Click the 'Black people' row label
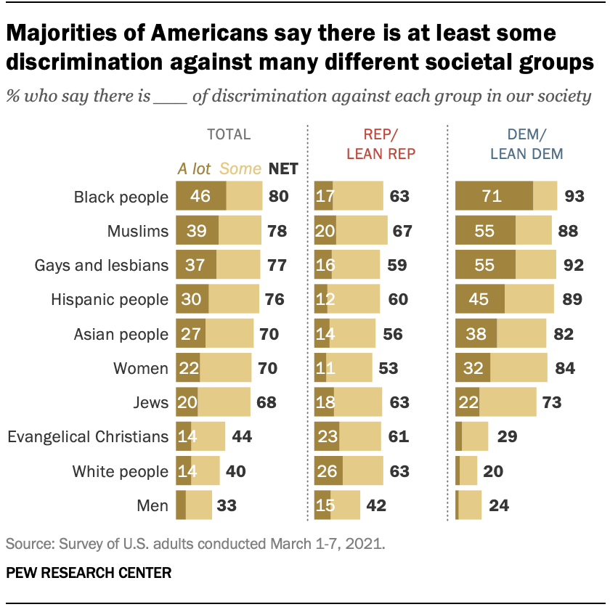121,197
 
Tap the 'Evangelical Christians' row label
87,436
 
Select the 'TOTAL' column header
229,134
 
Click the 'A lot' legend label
194,169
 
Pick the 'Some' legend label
240,169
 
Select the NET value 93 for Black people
574,197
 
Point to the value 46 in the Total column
193,197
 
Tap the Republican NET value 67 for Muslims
402,231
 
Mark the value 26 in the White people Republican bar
326,471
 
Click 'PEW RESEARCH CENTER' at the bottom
89,573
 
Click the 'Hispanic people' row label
110,299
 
